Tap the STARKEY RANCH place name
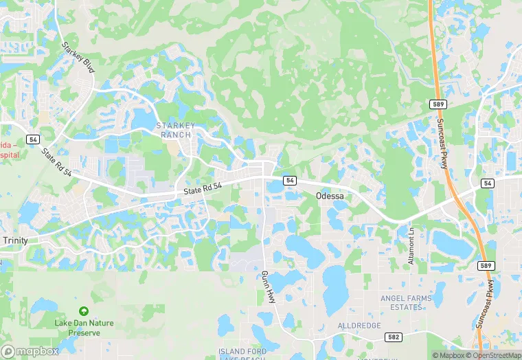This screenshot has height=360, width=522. (176, 130)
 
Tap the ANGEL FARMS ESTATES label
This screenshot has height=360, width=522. (407, 303)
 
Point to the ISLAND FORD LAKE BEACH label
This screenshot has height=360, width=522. (242, 355)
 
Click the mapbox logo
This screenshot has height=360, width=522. (31, 350)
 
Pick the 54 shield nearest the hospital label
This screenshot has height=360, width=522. (33, 139)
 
